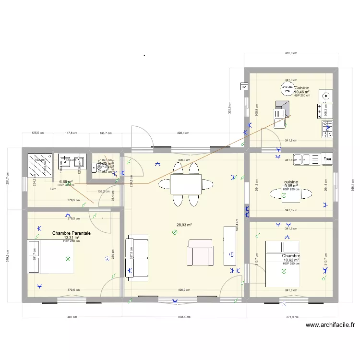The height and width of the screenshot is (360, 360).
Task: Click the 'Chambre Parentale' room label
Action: tap(72, 233)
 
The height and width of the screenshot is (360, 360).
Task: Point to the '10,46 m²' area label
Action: tap(301, 92)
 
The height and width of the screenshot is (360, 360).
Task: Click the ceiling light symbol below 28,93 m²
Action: tap(175, 233)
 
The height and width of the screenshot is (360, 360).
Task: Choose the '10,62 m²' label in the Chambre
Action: tap(291, 260)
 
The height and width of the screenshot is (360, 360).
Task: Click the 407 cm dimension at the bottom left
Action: tap(72, 317)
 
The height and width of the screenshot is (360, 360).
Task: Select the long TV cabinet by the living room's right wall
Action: tap(230, 245)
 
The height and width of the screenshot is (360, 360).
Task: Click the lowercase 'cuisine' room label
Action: tap(291, 182)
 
